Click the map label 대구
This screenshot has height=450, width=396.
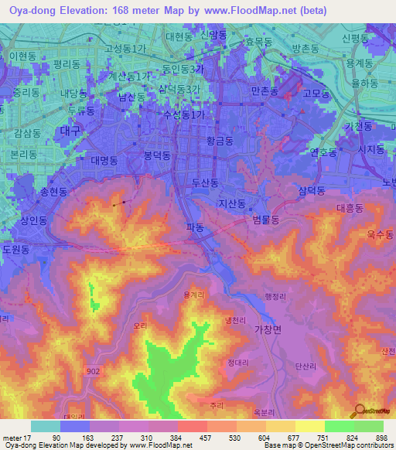pyautogui.click(x=70, y=131)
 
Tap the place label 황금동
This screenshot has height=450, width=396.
pyautogui.click(x=219, y=141)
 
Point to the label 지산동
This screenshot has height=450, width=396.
pyautogui.click(x=231, y=204)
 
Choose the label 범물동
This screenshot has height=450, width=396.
pyautogui.click(x=265, y=220)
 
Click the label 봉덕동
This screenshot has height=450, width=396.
pyautogui.click(x=158, y=155)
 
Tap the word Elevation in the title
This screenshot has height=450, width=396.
pyautogui.click(x=87, y=10)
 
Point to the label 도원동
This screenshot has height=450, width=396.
pyautogui.click(x=15, y=250)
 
